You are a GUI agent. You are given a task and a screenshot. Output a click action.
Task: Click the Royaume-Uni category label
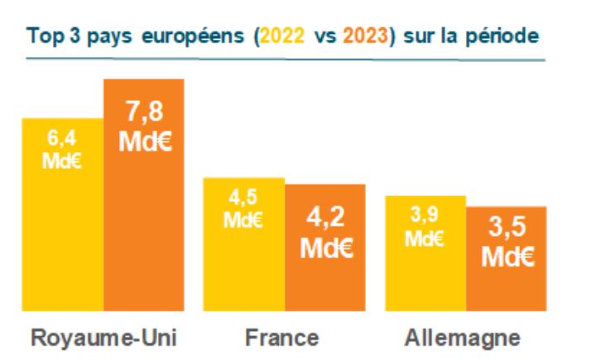[x=103, y=338]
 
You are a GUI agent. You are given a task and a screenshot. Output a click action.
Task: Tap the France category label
[x=284, y=338]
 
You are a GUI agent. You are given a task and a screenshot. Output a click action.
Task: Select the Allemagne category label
[x=464, y=338]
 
